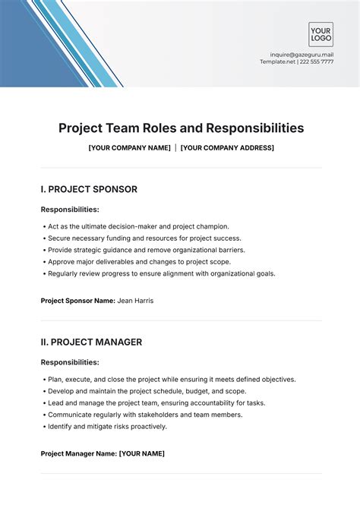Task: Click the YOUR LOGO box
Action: click(x=321, y=34)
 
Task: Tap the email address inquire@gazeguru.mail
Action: click(x=302, y=55)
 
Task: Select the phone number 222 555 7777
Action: click(x=316, y=62)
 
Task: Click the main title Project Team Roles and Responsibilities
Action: click(x=181, y=128)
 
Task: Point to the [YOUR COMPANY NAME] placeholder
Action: click(x=129, y=147)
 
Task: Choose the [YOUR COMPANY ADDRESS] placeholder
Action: click(x=227, y=147)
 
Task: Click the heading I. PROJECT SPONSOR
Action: click(x=89, y=189)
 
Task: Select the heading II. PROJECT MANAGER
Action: click(x=91, y=342)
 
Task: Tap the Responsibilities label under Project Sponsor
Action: click(x=70, y=209)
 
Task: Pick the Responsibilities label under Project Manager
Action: click(x=70, y=362)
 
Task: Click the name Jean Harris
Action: click(x=135, y=301)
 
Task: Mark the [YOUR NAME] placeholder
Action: click(x=142, y=453)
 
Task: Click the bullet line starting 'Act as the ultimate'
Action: click(x=138, y=226)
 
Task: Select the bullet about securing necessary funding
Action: click(x=144, y=238)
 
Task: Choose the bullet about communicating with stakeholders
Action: click(x=145, y=415)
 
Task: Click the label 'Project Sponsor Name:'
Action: click(x=77, y=301)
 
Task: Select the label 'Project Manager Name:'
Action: click(x=78, y=453)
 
